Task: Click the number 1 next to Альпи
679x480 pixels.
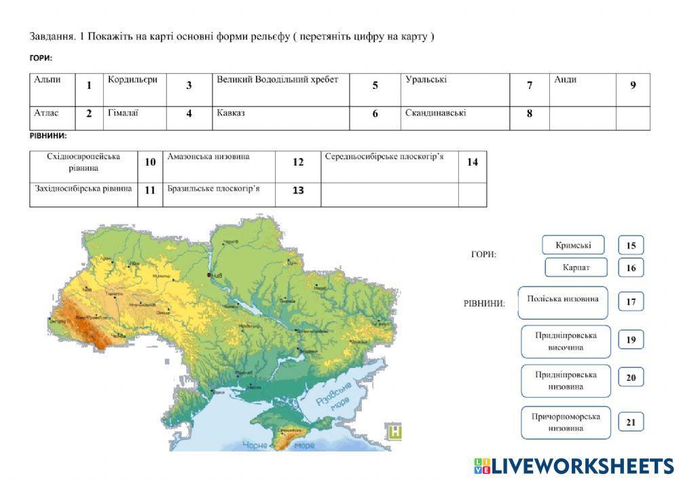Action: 89,86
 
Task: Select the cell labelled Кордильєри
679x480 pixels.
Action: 132,80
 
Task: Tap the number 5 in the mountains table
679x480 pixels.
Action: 375,86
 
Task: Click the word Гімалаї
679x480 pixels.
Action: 123,113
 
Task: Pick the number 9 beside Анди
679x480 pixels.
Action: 633,86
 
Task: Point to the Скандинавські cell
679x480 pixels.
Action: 435,113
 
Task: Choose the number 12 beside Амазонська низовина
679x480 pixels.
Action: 298,162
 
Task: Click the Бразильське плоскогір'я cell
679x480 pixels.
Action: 213,188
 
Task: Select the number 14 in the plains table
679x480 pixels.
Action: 473,162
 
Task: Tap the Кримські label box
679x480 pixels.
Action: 573,245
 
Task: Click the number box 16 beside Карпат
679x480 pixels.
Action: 631,267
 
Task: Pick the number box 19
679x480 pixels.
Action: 631,340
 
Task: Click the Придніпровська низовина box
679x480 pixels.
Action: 566,381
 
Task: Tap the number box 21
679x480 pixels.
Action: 631,422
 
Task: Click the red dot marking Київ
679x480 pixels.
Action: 208,275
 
